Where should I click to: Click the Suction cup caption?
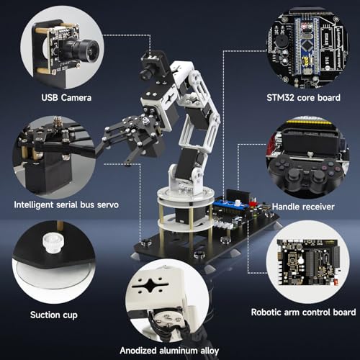point(60,315)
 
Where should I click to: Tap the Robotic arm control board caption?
point(302,312)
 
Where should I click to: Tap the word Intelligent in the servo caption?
point(36,204)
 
